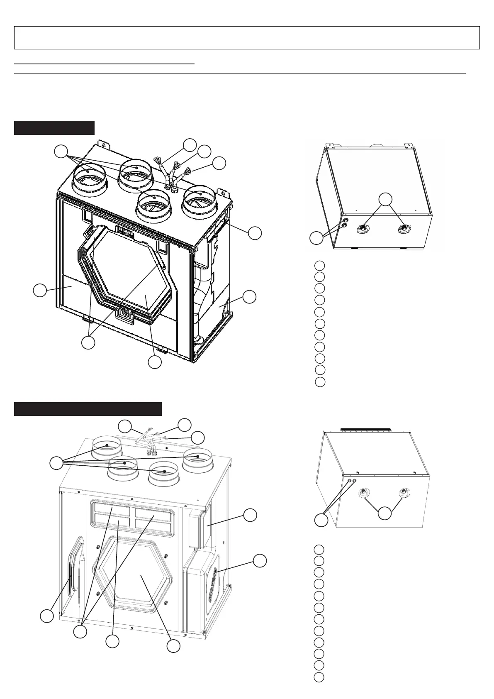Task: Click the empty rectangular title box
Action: click(x=247, y=38)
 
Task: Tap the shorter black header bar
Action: click(x=54, y=128)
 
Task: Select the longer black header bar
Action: click(x=88, y=409)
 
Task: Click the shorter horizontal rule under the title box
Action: click(x=104, y=64)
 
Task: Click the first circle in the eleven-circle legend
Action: click(x=319, y=265)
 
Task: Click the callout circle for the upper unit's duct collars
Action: click(x=62, y=151)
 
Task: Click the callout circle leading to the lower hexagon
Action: click(x=173, y=645)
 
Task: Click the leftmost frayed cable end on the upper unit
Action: click(x=157, y=159)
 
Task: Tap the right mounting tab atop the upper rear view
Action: click(x=409, y=147)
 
